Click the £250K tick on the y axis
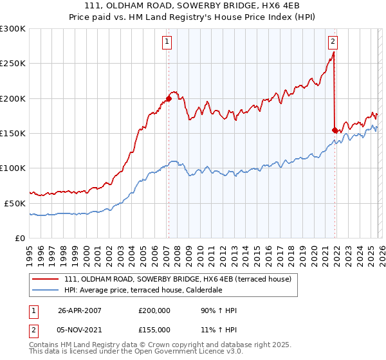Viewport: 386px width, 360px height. [13, 64]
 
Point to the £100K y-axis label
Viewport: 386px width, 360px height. [13, 168]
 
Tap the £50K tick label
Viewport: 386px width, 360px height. [15, 203]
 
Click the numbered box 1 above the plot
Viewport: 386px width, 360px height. [167, 42]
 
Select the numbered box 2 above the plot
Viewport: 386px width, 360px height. [333, 42]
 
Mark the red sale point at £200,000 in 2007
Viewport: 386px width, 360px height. [169, 98]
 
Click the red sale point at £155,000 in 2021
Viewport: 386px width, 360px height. [335, 130]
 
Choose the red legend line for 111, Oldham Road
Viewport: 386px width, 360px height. [46, 279]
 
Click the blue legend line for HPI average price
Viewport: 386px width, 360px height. [46, 290]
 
